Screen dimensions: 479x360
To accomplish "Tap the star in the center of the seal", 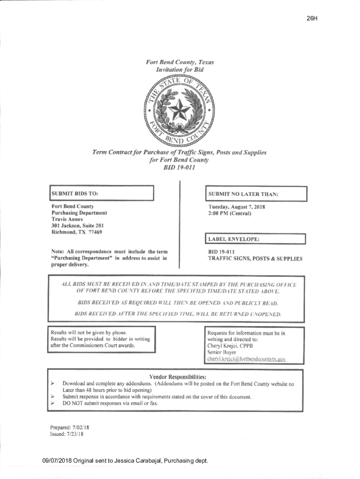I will click(x=180, y=111).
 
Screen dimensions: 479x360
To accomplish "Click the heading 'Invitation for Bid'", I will click(x=180, y=69).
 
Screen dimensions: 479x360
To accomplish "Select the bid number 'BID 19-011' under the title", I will click(x=180, y=168).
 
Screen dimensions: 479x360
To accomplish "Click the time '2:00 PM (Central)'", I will click(x=230, y=213).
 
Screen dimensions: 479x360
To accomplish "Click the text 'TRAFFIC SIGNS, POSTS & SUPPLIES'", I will click(x=255, y=259).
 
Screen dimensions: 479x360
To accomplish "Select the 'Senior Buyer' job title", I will click(x=222, y=353).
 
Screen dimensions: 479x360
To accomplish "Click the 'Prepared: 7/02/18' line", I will click(x=69, y=427).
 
